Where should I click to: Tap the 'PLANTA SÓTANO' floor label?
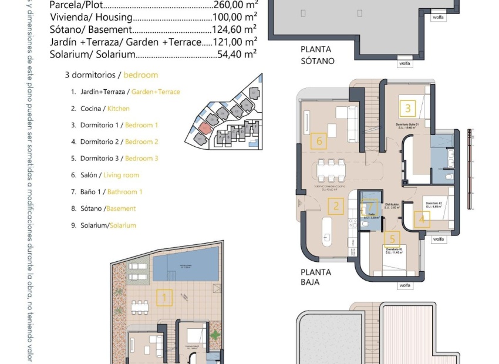tap(318, 55)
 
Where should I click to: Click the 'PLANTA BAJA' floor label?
tap(316, 277)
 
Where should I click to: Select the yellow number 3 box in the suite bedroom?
tap(407, 108)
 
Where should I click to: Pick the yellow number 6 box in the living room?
tap(319, 140)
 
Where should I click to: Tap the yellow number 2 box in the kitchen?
tap(336, 205)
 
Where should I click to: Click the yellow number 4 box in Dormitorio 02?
tap(422, 220)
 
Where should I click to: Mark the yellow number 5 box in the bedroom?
tap(392, 239)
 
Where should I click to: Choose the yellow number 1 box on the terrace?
tap(164, 298)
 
